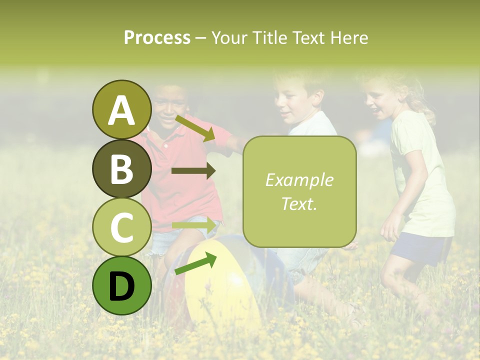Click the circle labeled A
coord(121,109)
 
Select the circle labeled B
coord(121,168)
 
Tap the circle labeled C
coord(121,227)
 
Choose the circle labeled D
coord(121,285)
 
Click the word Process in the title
coord(157,37)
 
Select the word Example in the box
coord(299,180)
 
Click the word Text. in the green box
coord(299,203)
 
